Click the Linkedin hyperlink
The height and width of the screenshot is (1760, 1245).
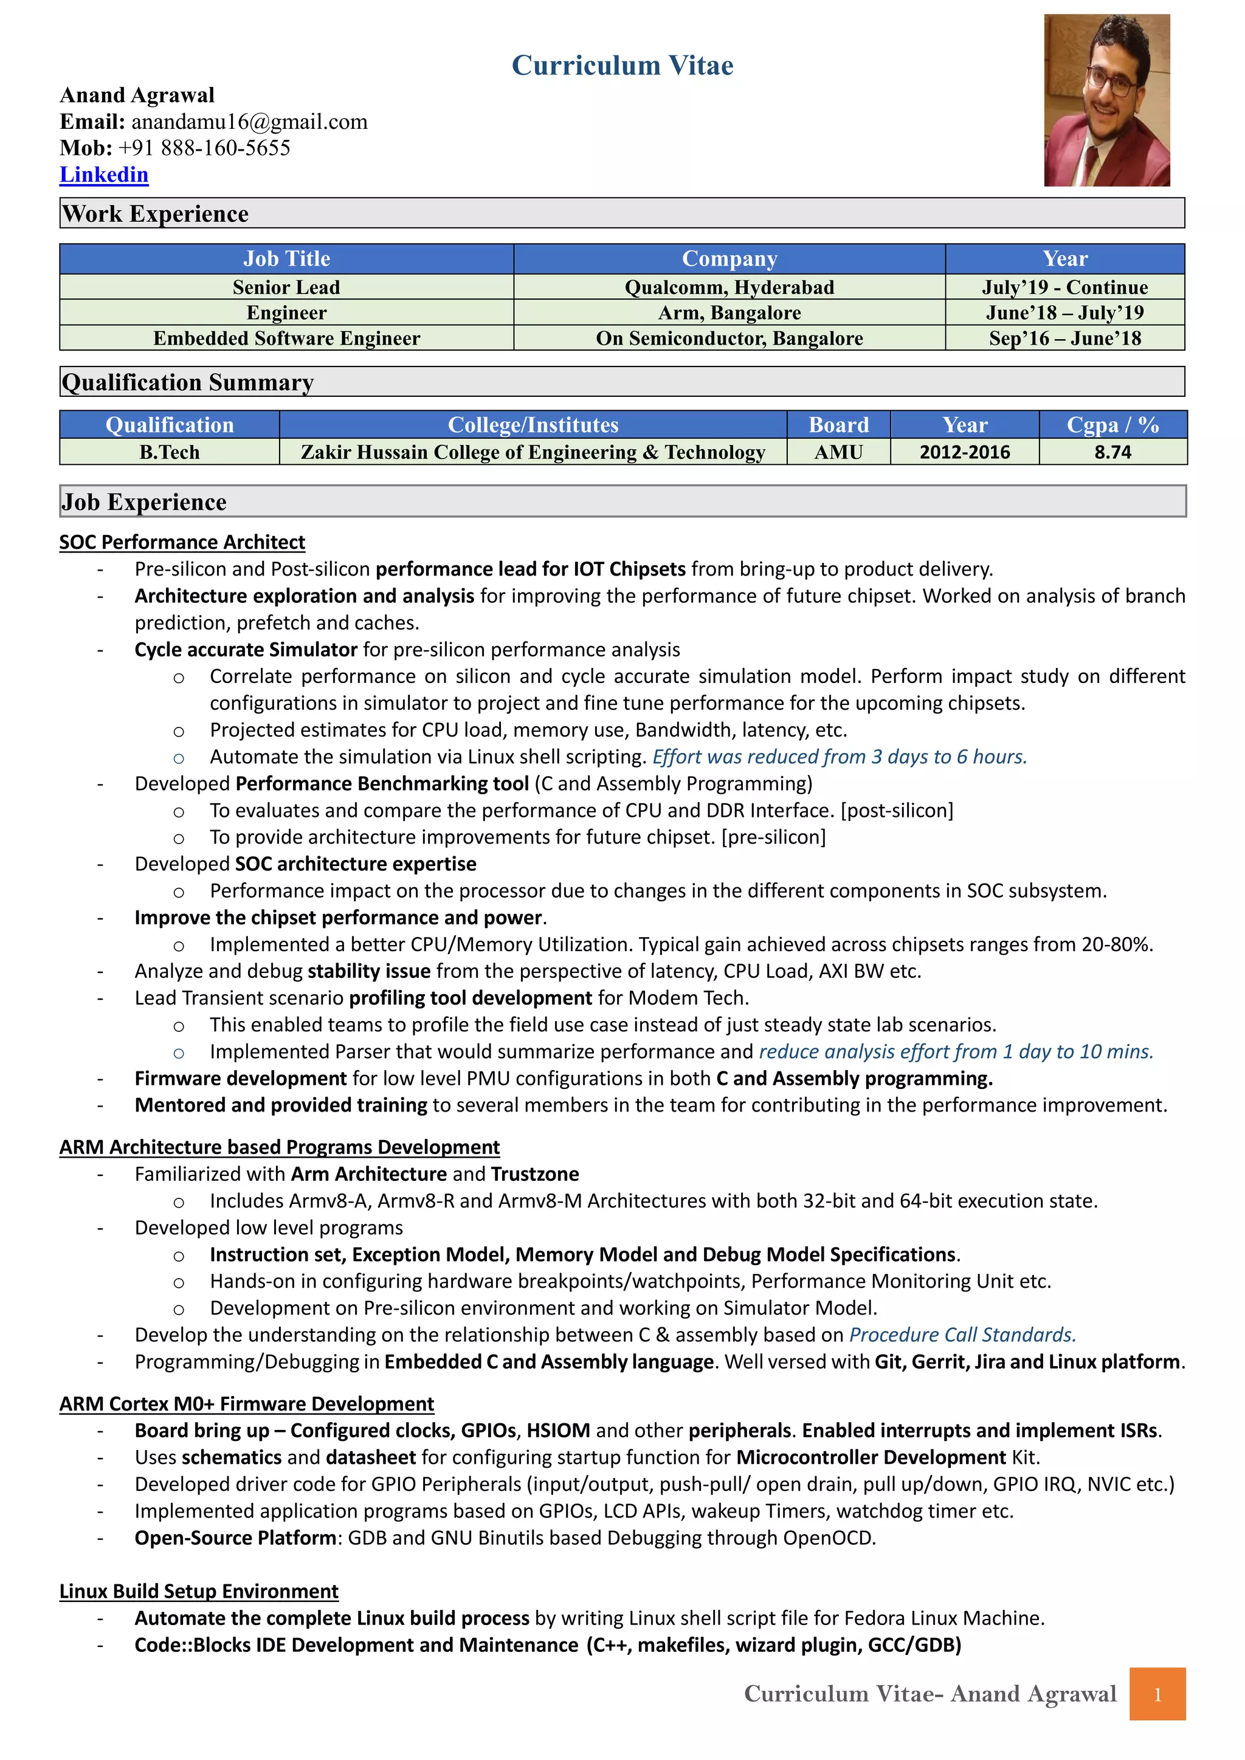coord(105,175)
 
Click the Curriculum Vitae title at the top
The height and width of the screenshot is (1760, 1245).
coord(622,66)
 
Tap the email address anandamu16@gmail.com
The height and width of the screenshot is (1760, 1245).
coord(249,122)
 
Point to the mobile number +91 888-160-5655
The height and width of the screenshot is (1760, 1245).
coord(204,148)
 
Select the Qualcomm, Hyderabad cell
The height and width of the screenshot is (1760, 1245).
coord(729,287)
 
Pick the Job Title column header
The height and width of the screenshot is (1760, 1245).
coord(287,259)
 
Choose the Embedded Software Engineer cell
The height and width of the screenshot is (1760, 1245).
coord(287,338)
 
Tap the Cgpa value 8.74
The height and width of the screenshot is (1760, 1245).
coord(1112,452)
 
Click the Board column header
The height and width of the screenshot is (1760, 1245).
coord(839,425)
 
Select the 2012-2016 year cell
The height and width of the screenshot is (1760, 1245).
coord(964,452)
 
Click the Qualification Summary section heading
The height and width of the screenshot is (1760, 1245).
coord(188,382)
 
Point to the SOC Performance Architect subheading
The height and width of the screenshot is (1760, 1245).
coord(182,542)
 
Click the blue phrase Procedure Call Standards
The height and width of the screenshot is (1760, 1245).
coord(962,1335)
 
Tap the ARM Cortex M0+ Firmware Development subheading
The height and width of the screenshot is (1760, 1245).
coord(247,1403)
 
